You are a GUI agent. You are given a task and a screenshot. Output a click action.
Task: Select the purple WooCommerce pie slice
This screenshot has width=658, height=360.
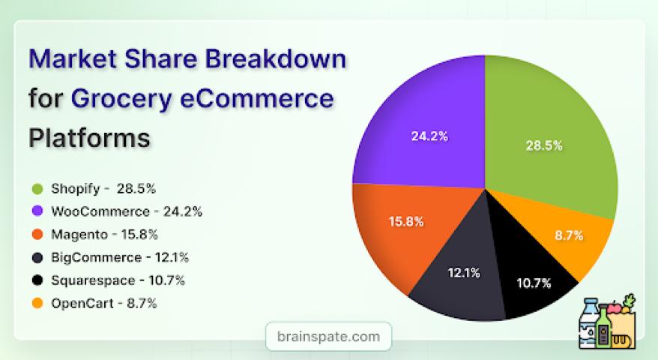(x=424, y=126)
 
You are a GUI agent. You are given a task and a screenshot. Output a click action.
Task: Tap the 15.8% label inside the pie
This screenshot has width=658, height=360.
(x=406, y=221)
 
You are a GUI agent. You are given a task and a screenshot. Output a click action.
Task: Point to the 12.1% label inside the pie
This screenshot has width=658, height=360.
(x=464, y=273)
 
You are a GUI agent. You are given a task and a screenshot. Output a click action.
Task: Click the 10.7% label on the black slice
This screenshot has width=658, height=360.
(x=534, y=283)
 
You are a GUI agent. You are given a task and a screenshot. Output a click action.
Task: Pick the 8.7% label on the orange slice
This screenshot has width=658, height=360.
(x=569, y=235)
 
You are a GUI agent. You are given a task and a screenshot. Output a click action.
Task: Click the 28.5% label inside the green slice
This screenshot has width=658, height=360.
(x=544, y=145)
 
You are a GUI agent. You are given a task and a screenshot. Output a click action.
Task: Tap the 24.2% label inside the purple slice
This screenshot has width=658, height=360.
(x=429, y=136)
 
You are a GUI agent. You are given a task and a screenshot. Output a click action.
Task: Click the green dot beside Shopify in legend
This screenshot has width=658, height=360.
(x=37, y=188)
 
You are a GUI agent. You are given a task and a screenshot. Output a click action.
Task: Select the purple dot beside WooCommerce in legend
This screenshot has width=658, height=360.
(x=37, y=211)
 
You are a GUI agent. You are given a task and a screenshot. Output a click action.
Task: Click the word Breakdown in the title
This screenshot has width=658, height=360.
(x=275, y=58)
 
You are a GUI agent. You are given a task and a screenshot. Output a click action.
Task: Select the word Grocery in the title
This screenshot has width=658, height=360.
(x=121, y=99)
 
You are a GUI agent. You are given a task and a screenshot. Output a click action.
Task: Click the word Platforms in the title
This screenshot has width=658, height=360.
(x=89, y=137)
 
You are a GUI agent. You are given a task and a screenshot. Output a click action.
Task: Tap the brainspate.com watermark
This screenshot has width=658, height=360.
(x=328, y=337)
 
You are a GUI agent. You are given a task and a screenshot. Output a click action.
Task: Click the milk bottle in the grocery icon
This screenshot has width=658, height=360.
(x=589, y=322)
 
